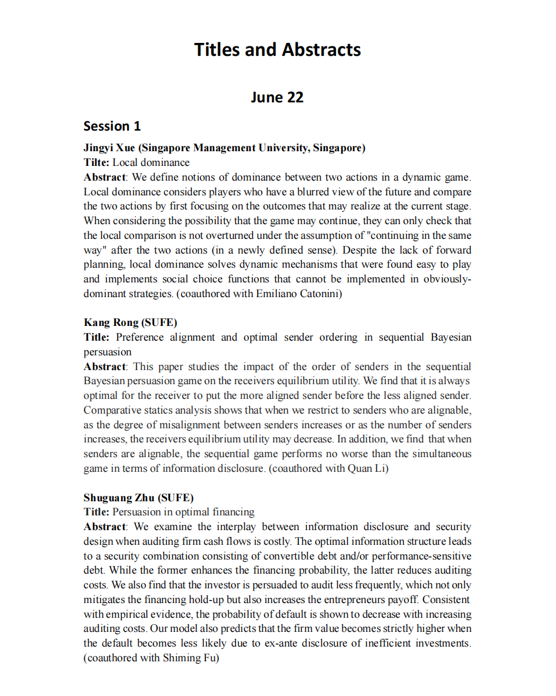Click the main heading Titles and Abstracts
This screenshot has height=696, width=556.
(278, 49)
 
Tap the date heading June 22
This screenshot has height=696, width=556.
(277, 97)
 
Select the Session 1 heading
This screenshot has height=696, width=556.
(112, 126)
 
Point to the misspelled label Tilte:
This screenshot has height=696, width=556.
(96, 162)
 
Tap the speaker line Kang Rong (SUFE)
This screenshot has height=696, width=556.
(130, 322)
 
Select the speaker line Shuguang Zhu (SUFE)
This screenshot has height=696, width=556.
(138, 497)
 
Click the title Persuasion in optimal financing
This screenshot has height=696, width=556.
(184, 512)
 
